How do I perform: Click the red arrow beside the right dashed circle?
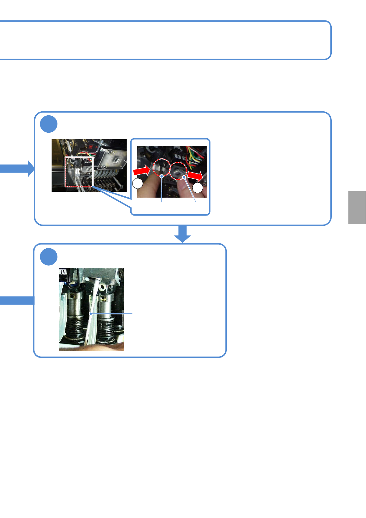[195, 176]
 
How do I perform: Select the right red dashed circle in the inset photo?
[179, 171]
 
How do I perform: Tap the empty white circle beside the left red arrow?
[138, 184]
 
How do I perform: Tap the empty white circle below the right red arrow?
[198, 188]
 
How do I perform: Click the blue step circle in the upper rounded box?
[49, 124]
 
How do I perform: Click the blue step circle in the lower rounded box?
[49, 256]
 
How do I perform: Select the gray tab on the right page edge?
[357, 208]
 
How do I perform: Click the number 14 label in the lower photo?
[63, 272]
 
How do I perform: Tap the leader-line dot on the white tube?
[90, 314]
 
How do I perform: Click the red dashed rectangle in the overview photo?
[79, 172]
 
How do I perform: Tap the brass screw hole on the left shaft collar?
[73, 296]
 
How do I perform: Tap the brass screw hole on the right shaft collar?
[102, 298]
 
